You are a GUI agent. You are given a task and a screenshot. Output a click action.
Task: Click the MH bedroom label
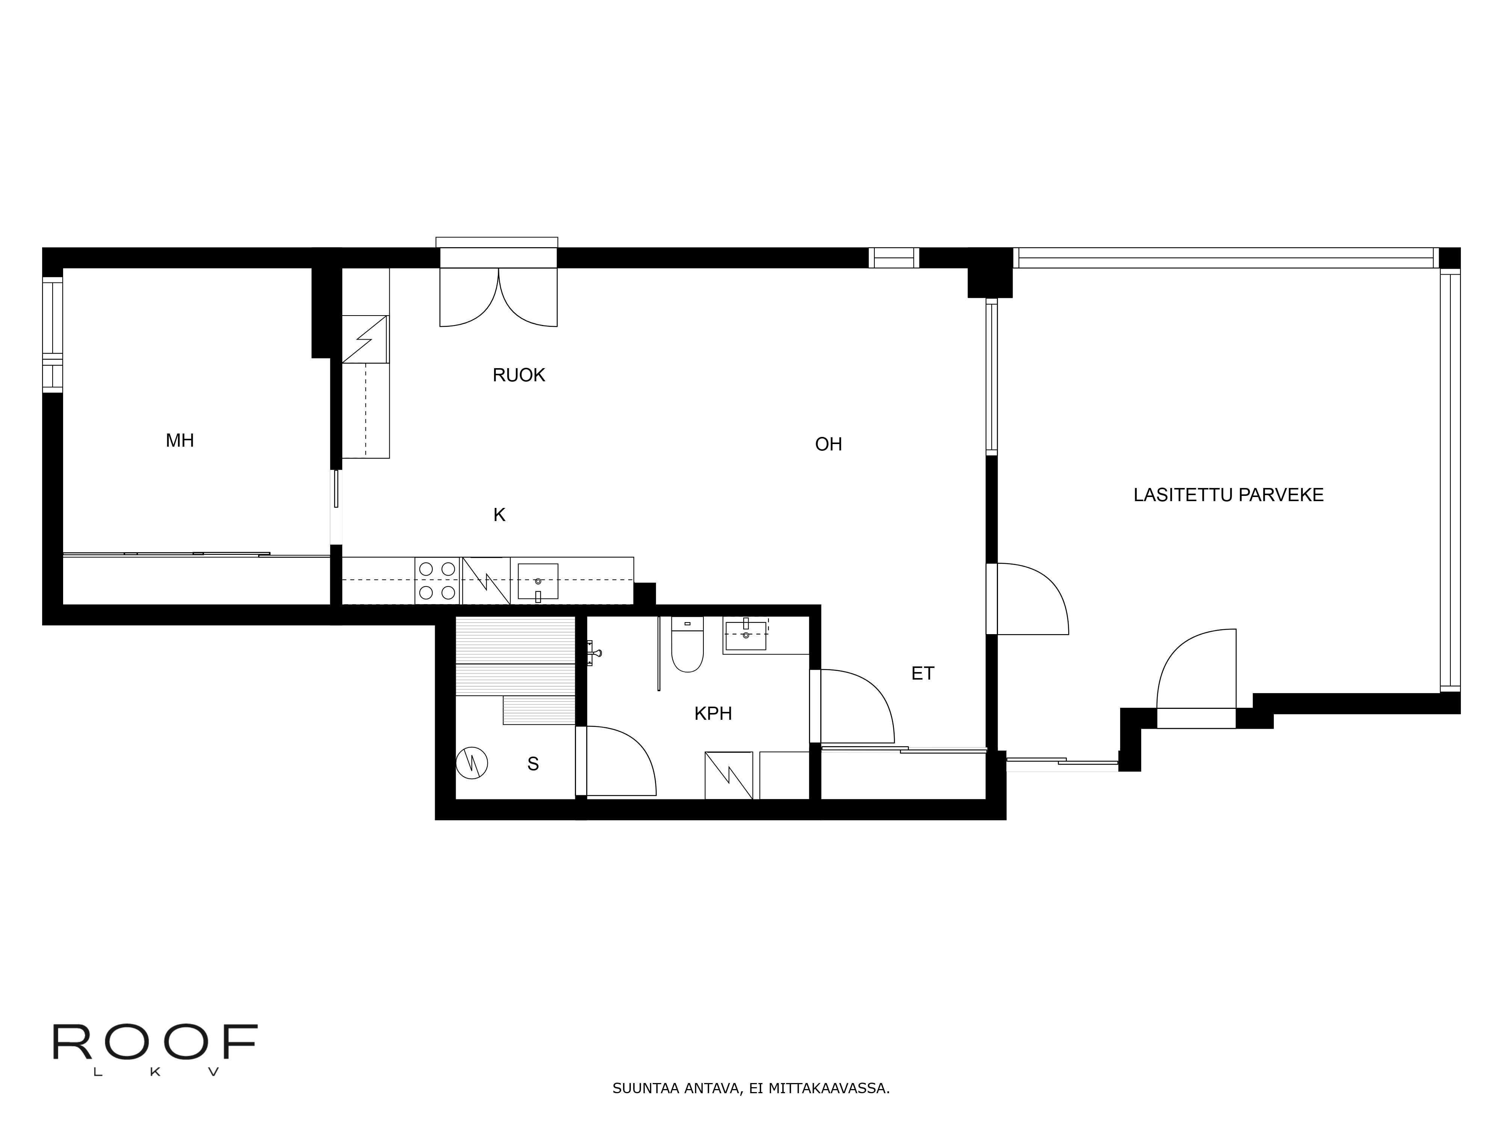coord(180,441)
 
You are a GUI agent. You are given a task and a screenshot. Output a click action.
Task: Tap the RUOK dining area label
coord(519,375)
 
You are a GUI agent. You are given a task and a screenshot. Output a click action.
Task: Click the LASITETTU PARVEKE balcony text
coord(1228,495)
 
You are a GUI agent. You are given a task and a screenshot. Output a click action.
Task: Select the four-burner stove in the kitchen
coord(437,581)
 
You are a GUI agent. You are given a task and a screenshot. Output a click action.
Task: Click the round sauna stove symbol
coord(472,763)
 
